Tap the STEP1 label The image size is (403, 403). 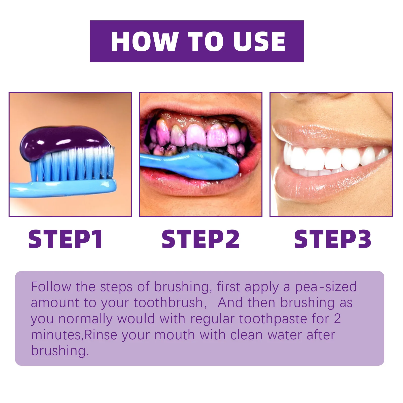(x=65, y=239)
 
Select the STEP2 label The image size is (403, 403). (x=200, y=239)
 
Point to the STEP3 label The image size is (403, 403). (x=332, y=239)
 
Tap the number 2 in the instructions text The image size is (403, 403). (x=338, y=319)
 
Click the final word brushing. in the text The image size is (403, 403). (x=60, y=351)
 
